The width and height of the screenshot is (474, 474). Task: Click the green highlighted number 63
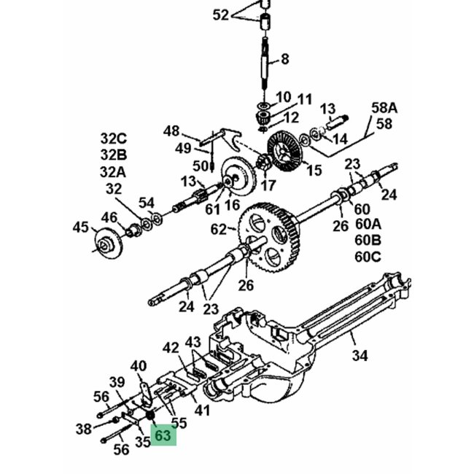pos(163,435)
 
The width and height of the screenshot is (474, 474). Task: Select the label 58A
pos(384,108)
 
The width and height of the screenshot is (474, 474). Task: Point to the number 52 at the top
pos(221,15)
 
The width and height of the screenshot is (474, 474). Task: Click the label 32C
pos(114,139)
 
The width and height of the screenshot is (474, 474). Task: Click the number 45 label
pos(81,227)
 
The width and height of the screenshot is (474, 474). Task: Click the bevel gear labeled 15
pos(286,152)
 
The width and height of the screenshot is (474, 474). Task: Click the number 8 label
pos(284,58)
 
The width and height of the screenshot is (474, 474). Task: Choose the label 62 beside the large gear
pos(219,229)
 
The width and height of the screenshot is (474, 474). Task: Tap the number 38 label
pos(84,429)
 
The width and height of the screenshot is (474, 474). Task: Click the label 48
pos(171,131)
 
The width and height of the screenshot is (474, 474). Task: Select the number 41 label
pos(202,411)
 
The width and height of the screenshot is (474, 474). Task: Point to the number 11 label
pos(303,98)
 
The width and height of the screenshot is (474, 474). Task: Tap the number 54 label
pos(147,202)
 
